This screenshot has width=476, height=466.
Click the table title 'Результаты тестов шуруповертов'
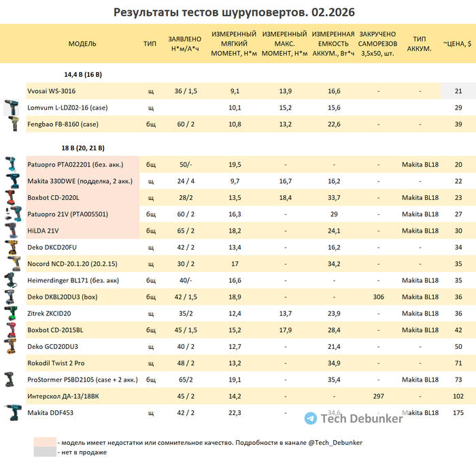[x=234, y=12]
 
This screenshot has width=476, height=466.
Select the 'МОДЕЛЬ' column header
[x=82, y=43]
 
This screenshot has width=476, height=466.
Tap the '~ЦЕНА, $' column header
[x=458, y=43]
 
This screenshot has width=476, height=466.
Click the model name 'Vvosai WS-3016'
[x=52, y=91]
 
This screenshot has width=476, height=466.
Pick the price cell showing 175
[x=458, y=413]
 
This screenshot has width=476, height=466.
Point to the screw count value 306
[x=379, y=297]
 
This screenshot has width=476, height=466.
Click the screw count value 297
[x=379, y=396]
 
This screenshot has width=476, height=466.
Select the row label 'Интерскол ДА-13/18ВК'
[x=62, y=396]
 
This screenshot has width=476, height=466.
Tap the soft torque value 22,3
[x=235, y=413]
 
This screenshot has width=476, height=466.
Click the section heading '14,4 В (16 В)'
[x=83, y=73]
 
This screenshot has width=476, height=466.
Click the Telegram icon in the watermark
[x=311, y=418]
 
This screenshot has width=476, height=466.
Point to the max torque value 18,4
[x=286, y=198]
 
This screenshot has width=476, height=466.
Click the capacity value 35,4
[x=334, y=380]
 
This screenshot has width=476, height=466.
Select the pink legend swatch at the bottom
[x=44, y=442]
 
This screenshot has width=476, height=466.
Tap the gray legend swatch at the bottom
[x=44, y=452]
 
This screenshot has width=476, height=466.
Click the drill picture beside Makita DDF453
[x=12, y=412]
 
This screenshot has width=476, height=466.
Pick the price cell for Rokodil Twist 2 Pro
[x=458, y=363]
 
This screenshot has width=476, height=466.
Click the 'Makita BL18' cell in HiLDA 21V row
[x=420, y=231]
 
